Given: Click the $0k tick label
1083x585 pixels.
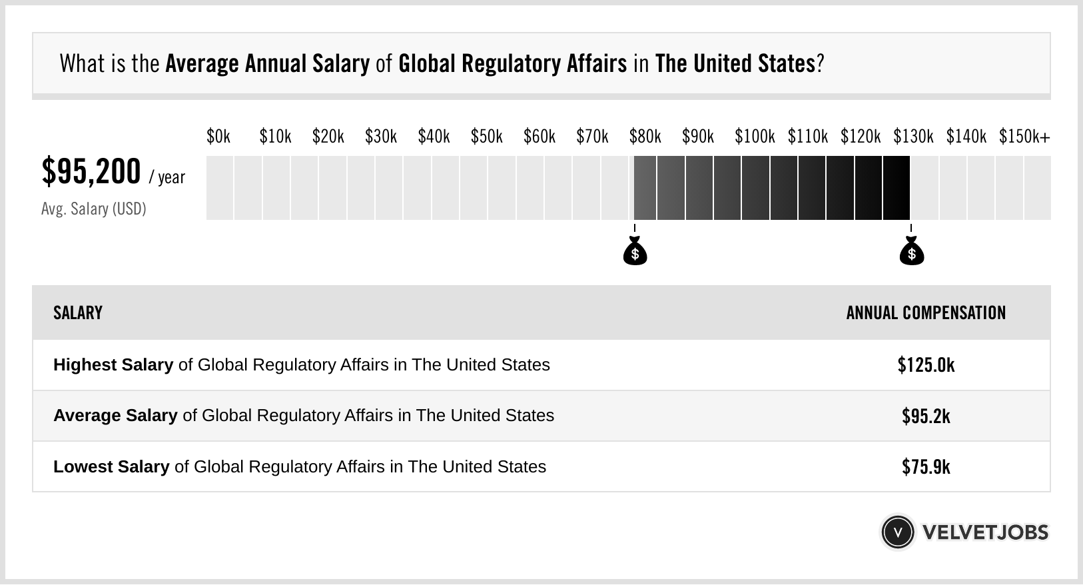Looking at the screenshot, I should click(218, 137).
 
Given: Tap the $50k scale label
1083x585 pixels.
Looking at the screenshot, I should click(486, 137).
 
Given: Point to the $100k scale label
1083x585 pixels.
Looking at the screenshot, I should click(755, 137).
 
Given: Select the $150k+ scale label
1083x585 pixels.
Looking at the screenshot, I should click(1024, 137).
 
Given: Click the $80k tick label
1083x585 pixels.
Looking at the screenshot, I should click(645, 137).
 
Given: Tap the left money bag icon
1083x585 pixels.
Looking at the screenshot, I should click(635, 251).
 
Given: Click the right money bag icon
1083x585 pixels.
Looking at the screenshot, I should click(911, 251).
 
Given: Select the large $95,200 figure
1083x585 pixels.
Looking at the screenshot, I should click(91, 172).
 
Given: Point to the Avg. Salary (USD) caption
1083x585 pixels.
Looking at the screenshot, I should click(93, 209).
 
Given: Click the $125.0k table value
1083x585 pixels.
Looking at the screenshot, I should click(926, 365).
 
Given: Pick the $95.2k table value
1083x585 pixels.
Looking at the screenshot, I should click(926, 416).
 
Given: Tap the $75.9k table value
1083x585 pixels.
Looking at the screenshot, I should click(926, 466).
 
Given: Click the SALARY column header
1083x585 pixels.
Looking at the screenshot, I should click(78, 313).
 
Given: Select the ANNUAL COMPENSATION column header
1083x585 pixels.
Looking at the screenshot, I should click(926, 313).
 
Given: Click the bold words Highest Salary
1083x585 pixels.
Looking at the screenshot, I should click(113, 365).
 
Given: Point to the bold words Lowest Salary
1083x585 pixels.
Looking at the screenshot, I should click(111, 466).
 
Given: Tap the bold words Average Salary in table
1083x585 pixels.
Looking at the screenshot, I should click(115, 416).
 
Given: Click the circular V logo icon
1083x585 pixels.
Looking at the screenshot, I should click(897, 532).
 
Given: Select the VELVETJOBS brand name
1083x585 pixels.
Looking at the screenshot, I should click(985, 532).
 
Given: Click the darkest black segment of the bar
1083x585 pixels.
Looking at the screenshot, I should click(897, 188).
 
